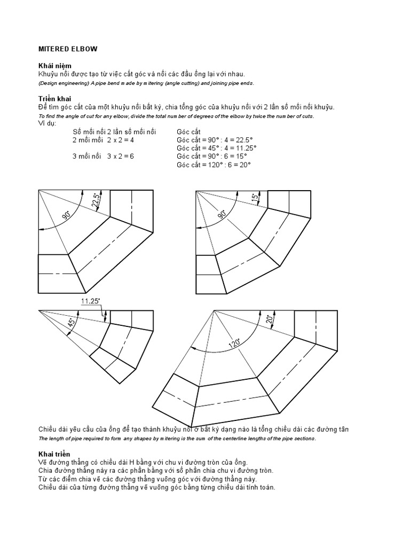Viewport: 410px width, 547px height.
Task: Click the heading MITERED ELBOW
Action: (x=68, y=49)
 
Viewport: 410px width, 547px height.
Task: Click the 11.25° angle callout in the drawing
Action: (x=91, y=301)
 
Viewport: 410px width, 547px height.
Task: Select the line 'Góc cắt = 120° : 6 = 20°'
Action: (x=214, y=165)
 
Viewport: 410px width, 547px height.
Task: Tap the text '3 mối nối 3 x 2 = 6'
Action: (x=103, y=157)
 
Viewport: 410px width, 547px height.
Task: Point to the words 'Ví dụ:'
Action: (x=48, y=124)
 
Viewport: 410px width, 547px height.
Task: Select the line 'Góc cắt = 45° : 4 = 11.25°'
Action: (x=217, y=148)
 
